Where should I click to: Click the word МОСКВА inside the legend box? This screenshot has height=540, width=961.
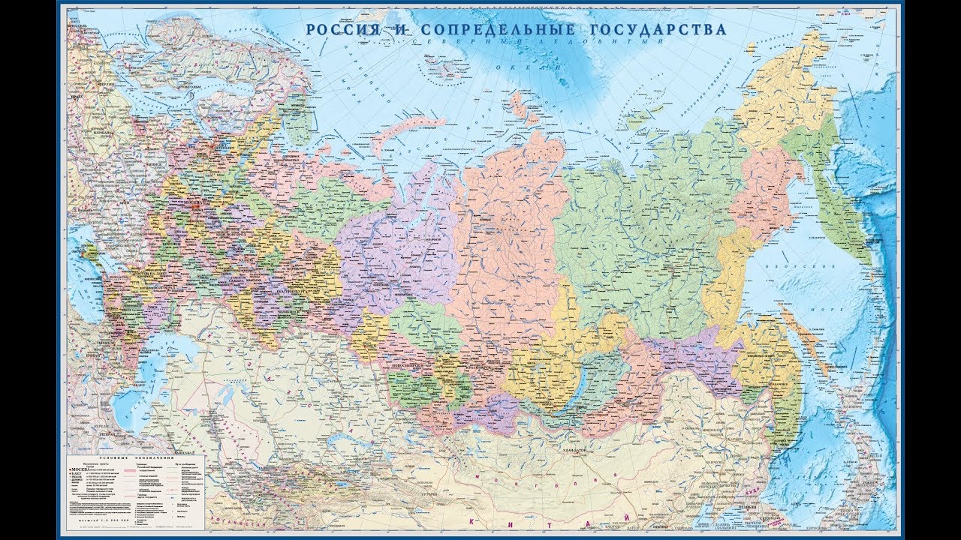pos(80,468)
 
